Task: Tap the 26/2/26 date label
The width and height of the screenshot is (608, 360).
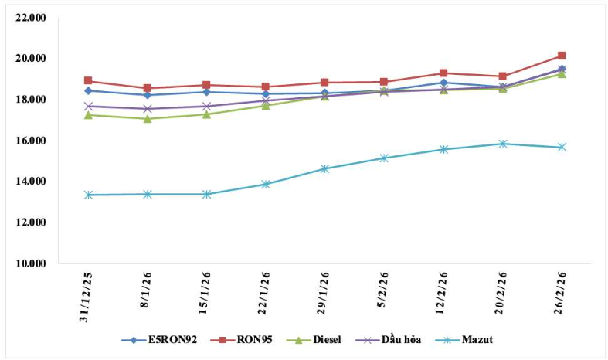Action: (x=562, y=297)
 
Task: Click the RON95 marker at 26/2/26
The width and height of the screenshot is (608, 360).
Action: (x=562, y=56)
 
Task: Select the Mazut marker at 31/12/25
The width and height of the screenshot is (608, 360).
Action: (x=89, y=195)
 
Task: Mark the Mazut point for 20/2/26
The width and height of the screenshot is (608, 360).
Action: (x=503, y=144)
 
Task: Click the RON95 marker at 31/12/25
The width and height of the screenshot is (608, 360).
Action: (x=89, y=80)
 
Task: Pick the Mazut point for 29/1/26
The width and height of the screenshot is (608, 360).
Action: (x=325, y=168)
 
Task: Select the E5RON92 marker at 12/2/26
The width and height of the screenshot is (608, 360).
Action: (x=443, y=83)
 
